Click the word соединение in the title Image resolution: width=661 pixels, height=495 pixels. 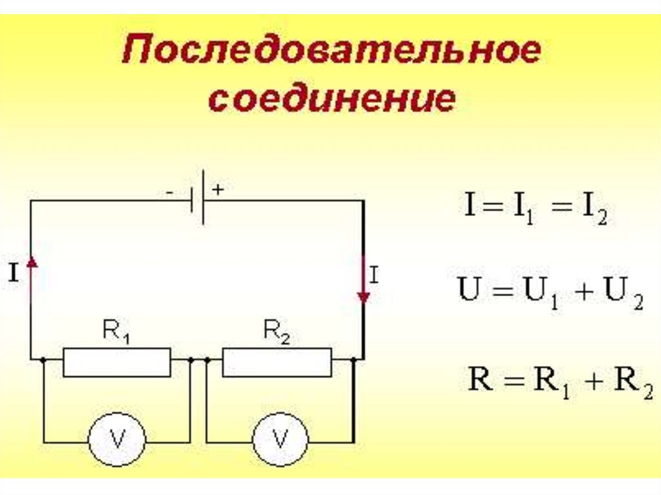(x=330, y=99)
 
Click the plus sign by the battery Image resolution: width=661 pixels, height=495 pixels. (x=218, y=190)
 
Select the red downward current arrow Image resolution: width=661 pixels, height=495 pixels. (x=363, y=284)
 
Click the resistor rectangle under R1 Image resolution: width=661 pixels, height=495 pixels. (x=117, y=361)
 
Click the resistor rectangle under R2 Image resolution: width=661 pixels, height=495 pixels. (x=277, y=361)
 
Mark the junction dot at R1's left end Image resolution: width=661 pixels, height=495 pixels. (x=43, y=359)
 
